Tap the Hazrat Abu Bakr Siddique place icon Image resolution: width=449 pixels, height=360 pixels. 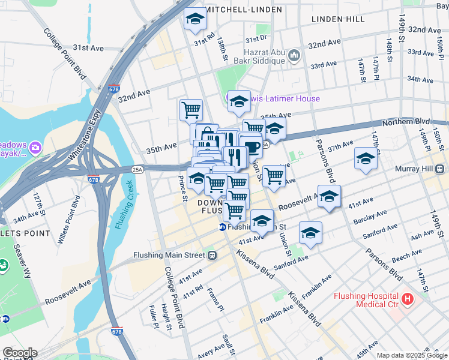coord(294,56)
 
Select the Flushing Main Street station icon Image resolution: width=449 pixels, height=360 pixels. coord(212,255)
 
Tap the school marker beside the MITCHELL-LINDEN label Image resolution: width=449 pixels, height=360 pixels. coord(194,20)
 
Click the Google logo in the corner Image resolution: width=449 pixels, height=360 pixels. coord(19,353)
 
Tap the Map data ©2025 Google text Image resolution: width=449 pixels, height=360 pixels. coord(412,355)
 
